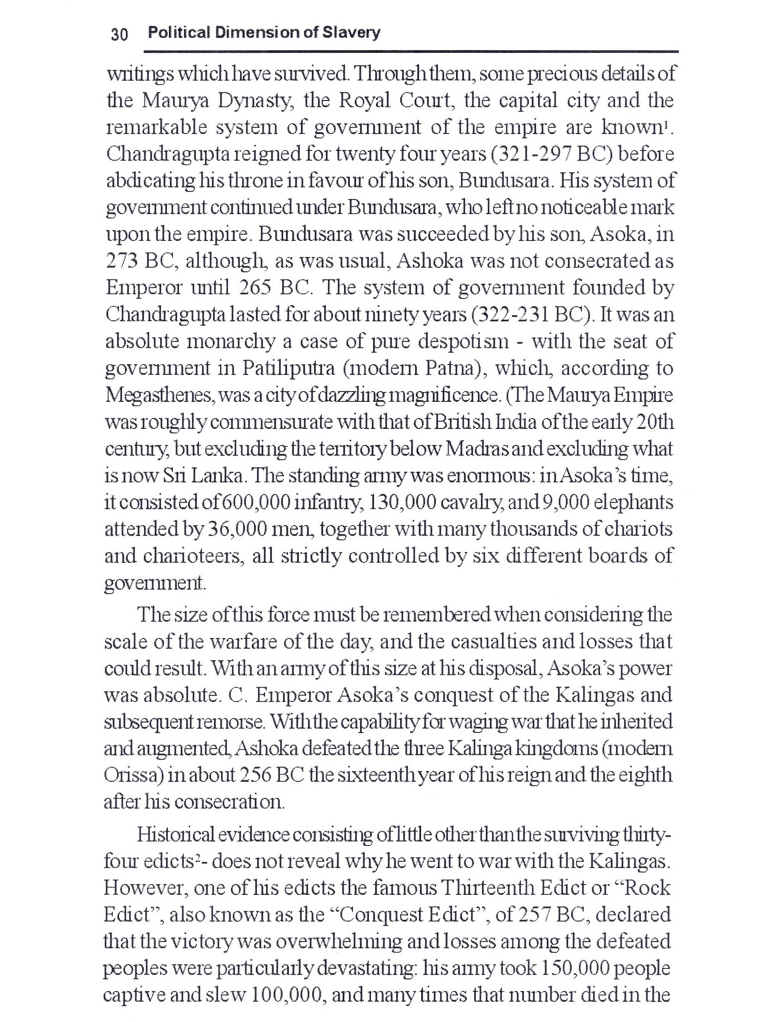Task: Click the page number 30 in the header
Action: [119, 34]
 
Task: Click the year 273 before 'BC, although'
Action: [122, 261]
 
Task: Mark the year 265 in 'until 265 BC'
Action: [256, 288]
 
